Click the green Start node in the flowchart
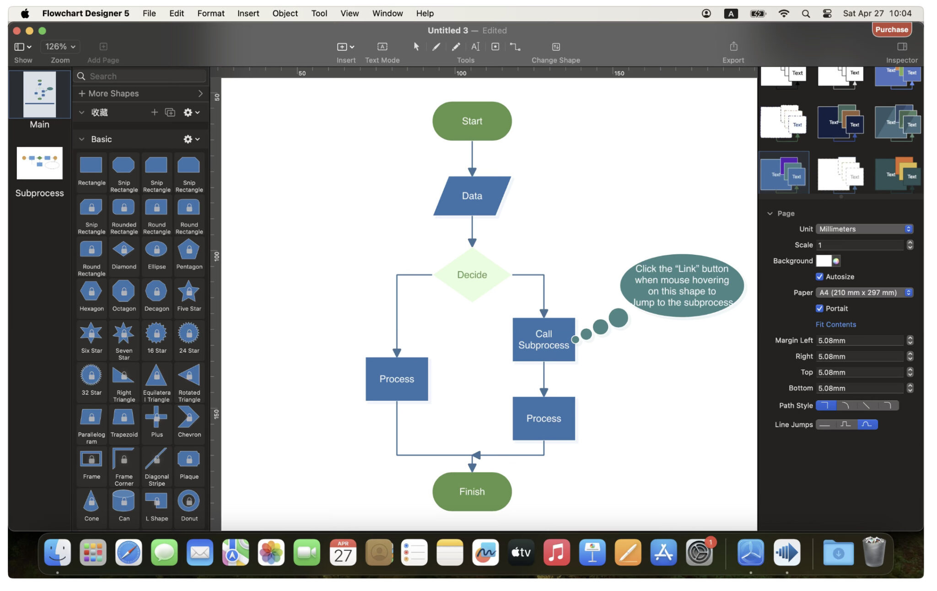pyautogui.click(x=472, y=121)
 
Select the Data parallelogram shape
pyautogui.click(x=472, y=196)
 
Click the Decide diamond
pyautogui.click(x=472, y=275)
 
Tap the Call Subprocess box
pyautogui.click(x=544, y=339)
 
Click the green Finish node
pyautogui.click(x=472, y=492)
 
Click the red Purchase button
pyautogui.click(x=891, y=30)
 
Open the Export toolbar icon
pyautogui.click(x=733, y=47)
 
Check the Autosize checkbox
pyautogui.click(x=819, y=277)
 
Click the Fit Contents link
pyautogui.click(x=835, y=324)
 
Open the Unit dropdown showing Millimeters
pyautogui.click(x=864, y=229)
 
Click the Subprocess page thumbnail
pyautogui.click(x=40, y=163)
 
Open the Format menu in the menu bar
pyautogui.click(x=210, y=13)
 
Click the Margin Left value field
pyautogui.click(x=859, y=340)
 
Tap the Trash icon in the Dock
pyautogui.click(x=873, y=553)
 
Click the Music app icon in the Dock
pyautogui.click(x=556, y=553)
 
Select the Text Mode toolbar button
pyautogui.click(x=382, y=47)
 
